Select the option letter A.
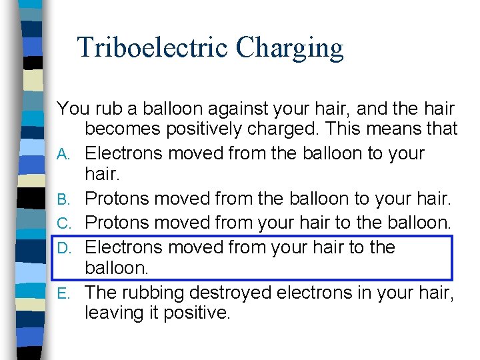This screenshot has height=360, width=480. coord(63,155)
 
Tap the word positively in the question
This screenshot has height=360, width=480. coord(227,129)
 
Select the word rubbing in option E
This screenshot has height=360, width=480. coord(154,293)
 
